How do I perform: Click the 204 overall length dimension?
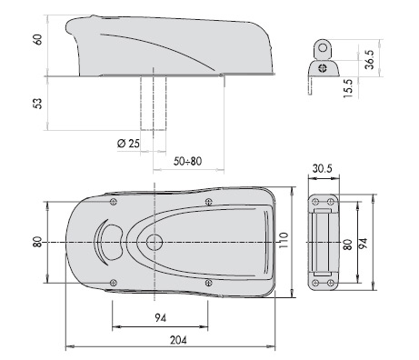[x=178, y=340]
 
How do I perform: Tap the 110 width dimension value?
[x=284, y=240]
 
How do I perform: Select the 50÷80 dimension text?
[x=187, y=161]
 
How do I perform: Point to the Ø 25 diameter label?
[x=128, y=143]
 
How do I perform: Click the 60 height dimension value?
[x=38, y=39]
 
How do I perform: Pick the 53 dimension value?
[x=37, y=104]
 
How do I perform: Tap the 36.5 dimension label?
[x=370, y=60]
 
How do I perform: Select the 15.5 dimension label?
[x=348, y=88]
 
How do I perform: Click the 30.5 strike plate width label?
[x=323, y=168]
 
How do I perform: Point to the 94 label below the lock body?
[x=161, y=318]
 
